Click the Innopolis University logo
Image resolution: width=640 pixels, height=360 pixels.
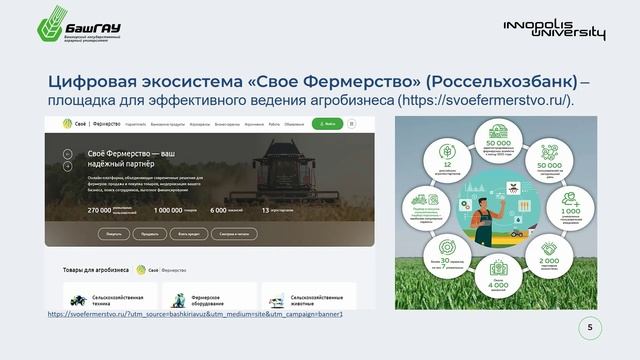554,29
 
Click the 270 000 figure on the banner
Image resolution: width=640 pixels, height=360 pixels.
99,210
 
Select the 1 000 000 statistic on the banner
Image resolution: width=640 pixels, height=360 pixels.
174,210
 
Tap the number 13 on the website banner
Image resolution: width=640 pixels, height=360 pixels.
265,210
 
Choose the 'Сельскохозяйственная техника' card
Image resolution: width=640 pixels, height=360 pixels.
105,298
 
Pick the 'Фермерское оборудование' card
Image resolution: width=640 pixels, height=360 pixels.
201,298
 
